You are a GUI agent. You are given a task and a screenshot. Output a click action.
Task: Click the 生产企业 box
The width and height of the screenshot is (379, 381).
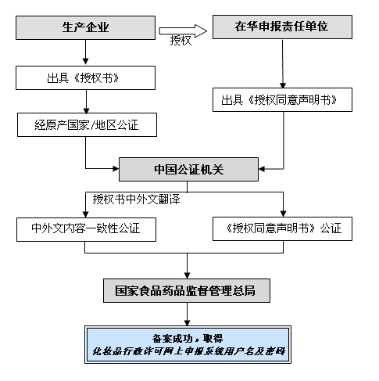point(85,27)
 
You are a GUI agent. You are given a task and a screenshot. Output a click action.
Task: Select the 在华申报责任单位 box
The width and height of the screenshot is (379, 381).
point(282,27)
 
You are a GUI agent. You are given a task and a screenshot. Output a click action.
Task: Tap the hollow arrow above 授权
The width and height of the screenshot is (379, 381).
point(183,31)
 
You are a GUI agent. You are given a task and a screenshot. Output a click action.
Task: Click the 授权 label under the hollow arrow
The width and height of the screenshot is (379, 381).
point(181,41)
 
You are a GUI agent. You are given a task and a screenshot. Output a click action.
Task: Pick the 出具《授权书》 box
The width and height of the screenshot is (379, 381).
point(85,77)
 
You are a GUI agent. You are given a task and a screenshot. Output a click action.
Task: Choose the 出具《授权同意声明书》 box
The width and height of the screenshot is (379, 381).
point(282,100)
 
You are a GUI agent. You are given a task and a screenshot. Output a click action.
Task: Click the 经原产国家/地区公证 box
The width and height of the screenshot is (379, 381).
point(87,124)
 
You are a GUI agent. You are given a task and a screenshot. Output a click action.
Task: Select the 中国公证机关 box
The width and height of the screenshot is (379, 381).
point(188,169)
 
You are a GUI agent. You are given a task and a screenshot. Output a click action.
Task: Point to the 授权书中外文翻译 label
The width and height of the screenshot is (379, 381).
point(136,199)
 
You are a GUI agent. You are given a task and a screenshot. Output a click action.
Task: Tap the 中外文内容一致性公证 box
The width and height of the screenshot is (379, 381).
point(86,229)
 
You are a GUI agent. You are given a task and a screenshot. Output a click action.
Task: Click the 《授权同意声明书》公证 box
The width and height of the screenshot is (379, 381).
point(282,228)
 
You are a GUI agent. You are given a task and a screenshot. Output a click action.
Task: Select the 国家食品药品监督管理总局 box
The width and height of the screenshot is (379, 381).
point(187,290)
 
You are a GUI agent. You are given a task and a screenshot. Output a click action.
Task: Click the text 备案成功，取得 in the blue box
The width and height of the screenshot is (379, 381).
point(188,339)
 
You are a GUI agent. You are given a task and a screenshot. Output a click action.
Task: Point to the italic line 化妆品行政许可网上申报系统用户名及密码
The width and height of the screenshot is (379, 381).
point(188,351)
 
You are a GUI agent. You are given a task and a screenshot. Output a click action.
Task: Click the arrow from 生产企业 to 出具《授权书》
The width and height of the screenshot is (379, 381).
point(85,52)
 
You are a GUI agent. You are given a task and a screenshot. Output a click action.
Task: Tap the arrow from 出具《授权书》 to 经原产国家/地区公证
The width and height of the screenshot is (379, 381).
point(87,102)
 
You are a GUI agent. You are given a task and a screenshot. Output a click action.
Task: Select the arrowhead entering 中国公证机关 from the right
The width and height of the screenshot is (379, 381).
point(262,169)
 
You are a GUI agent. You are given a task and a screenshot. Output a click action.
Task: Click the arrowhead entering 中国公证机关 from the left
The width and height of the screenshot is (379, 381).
point(116,168)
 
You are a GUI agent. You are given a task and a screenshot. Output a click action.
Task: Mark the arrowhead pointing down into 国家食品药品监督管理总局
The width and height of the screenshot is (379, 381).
point(187,275)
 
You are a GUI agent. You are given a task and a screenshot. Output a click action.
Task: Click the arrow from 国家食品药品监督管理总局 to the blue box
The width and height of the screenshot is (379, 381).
point(187,315)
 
